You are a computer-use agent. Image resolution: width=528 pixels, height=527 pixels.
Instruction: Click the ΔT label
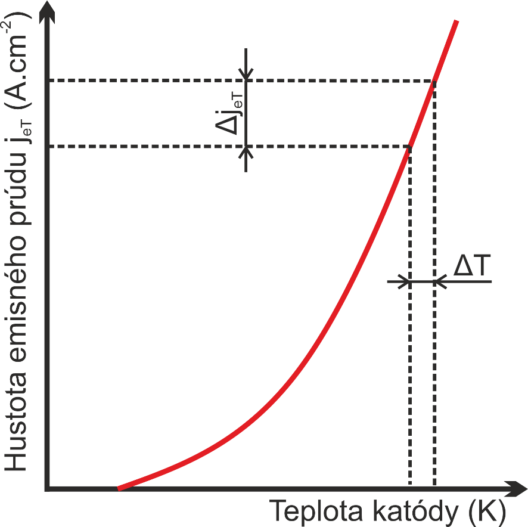(x=471, y=267)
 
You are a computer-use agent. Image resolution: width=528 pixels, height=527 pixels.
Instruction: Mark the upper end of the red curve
(x=456, y=21)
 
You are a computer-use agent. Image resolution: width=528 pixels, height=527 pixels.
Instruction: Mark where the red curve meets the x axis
(x=119, y=488)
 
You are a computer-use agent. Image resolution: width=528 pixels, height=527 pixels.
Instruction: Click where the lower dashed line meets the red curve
(x=409, y=147)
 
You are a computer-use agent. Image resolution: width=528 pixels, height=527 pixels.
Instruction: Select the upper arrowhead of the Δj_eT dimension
(x=246, y=75)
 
